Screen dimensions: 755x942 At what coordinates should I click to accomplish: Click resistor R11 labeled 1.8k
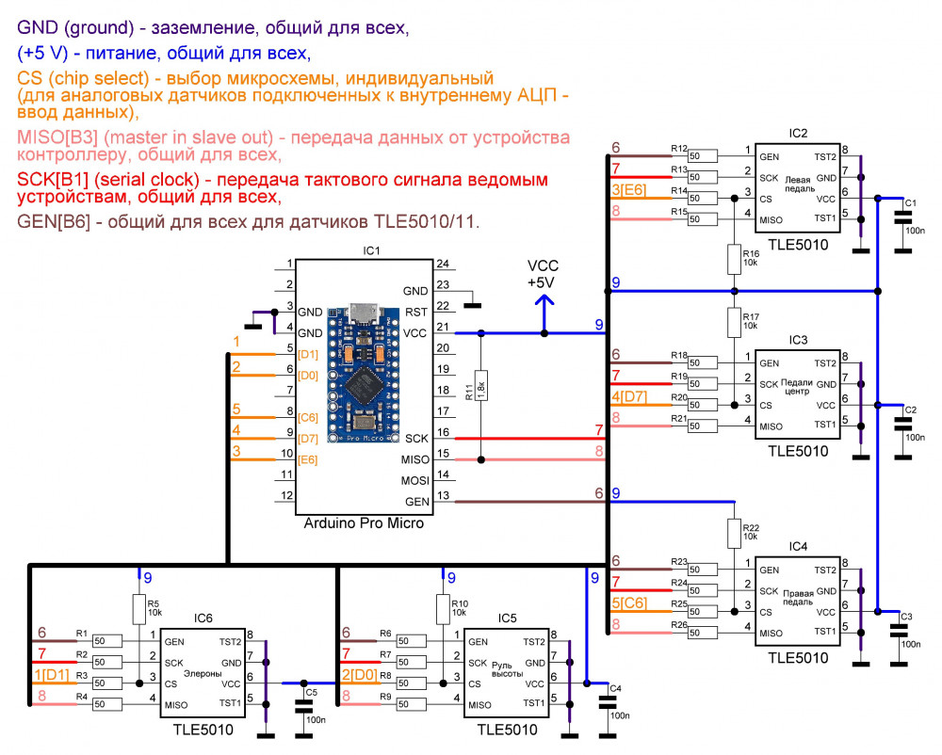point(481,387)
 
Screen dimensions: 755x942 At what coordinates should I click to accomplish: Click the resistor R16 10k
point(734,258)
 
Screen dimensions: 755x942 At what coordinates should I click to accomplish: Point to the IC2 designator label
point(798,133)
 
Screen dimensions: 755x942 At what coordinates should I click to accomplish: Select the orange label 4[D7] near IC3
point(629,398)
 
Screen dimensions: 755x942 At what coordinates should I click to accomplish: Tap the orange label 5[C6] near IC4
point(629,602)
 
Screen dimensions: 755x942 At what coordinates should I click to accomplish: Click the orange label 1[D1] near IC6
point(51,675)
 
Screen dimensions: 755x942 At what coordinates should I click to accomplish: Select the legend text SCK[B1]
point(57,179)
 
